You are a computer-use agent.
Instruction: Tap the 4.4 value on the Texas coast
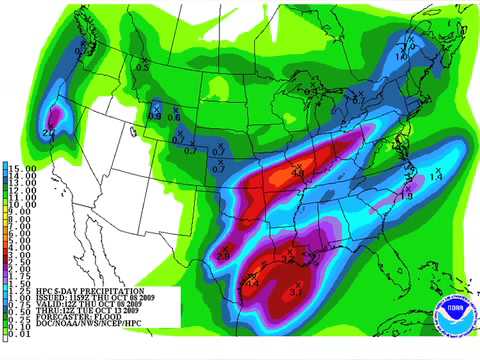tap(253, 285)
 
